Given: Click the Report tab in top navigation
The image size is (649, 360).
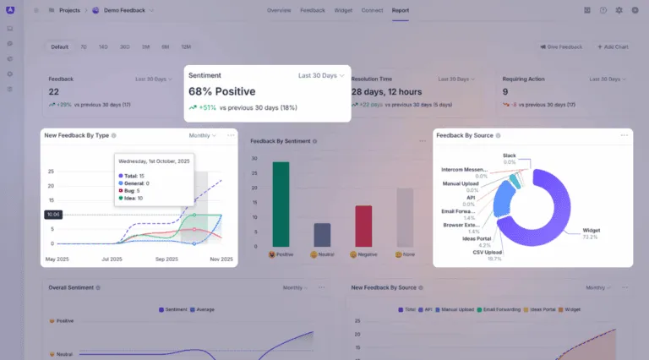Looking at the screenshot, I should [401, 10].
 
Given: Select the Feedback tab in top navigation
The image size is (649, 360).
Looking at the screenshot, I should [311, 10].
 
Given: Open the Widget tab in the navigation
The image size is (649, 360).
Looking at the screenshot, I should [343, 10].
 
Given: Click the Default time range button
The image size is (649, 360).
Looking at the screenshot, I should [59, 46].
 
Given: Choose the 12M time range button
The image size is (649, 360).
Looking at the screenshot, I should [185, 46].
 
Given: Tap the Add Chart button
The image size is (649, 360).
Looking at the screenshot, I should [613, 46].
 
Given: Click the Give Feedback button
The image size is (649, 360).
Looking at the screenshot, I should [561, 46].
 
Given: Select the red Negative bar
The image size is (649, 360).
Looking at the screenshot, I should [363, 226].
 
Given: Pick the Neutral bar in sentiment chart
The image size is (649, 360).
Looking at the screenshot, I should [322, 234].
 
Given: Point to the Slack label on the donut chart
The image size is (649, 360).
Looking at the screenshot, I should [509, 155].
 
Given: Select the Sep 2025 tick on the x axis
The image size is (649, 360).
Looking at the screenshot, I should [166, 259].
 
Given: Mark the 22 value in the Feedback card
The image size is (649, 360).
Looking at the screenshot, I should [53, 92].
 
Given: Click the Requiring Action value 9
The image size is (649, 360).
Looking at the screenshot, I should [505, 92].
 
